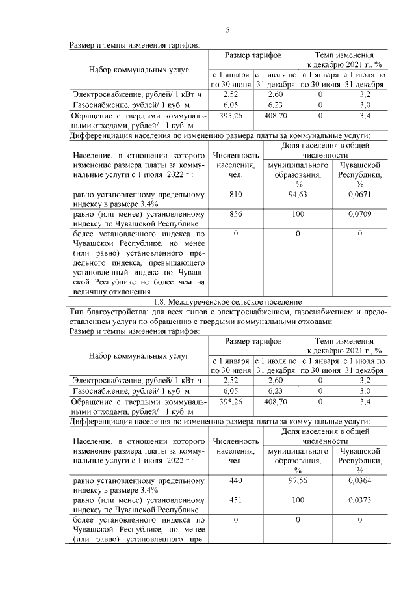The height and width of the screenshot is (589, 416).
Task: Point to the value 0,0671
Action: coord(359,194)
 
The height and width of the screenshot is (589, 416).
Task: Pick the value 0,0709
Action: coord(359,213)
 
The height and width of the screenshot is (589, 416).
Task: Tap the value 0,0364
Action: coord(359,480)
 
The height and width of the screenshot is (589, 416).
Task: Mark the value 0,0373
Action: coord(359,500)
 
